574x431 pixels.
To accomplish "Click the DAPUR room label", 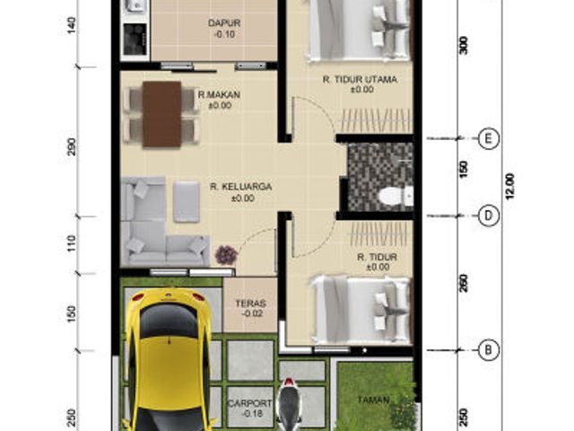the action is pos(224,23).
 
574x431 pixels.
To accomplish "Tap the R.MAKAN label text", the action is pos(219,95).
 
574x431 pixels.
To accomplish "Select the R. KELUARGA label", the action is pos(241,187).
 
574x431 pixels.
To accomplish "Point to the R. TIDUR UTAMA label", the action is pos(360,79).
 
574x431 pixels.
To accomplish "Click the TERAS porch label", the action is pos(251,303).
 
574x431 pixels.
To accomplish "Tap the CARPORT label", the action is pos(250,403).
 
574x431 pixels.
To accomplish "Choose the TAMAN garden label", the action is pos(373,400).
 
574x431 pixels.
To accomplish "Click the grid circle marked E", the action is pos(488,139).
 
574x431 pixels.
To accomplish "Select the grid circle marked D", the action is pos(488,215).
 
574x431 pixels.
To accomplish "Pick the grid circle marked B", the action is pos(488,350).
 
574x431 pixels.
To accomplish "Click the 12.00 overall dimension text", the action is pos(510,186).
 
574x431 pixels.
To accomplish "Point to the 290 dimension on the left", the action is pos(72,146).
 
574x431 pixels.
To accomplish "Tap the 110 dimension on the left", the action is pos(72,243).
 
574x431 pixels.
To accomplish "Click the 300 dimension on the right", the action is pos(464,46).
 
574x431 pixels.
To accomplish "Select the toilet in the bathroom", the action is pos(396,196).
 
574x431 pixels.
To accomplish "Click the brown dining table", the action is pos(161,114).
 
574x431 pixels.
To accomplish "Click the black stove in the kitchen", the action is pos(135,40).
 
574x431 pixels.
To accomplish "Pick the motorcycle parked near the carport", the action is pos(289,405).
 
